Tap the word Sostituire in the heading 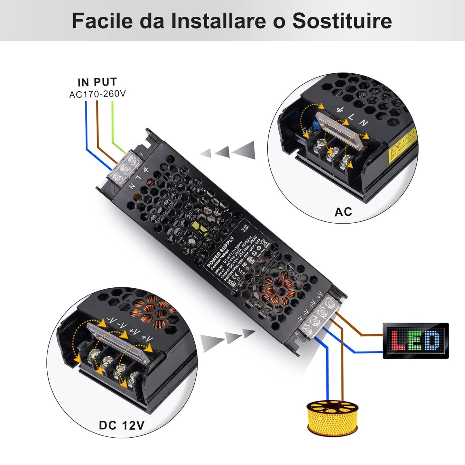click(x=342, y=21)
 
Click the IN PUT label click(x=97, y=82)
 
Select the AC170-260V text click(x=98, y=94)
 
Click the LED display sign click(x=415, y=340)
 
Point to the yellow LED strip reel click(x=332, y=417)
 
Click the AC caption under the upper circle click(x=343, y=212)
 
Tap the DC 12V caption click(x=122, y=425)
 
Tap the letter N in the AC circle click(x=364, y=123)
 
